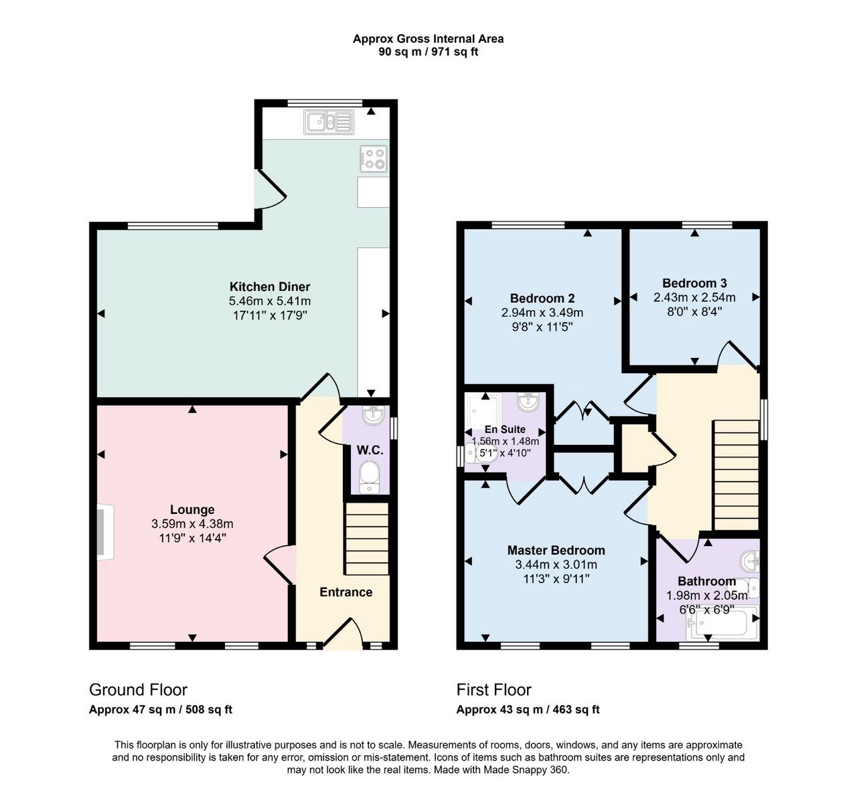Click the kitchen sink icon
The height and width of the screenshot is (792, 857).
click(x=329, y=121)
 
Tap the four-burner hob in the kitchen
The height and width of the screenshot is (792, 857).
click(x=374, y=159)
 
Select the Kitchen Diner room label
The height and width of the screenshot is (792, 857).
click(x=270, y=287)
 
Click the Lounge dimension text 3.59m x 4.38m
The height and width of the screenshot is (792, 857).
click(x=192, y=524)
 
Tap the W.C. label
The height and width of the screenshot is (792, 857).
click(x=370, y=450)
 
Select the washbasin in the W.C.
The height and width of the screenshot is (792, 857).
click(x=374, y=415)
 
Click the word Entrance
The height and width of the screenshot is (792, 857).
click(x=345, y=592)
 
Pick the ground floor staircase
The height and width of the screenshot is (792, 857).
click(x=367, y=538)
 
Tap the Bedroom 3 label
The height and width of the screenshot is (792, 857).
click(x=694, y=283)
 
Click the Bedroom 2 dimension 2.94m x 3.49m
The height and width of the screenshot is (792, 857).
click(x=542, y=312)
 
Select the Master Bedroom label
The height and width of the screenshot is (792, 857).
click(x=556, y=550)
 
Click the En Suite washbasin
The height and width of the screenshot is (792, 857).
click(x=528, y=402)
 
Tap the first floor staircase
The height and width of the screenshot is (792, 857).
click(x=736, y=475)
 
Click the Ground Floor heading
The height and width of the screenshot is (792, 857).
click(x=138, y=689)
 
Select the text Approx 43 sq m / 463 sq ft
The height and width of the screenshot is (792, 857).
click(x=528, y=710)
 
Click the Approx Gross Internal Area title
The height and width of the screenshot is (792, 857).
click(x=428, y=39)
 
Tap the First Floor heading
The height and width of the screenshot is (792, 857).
click(x=493, y=689)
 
